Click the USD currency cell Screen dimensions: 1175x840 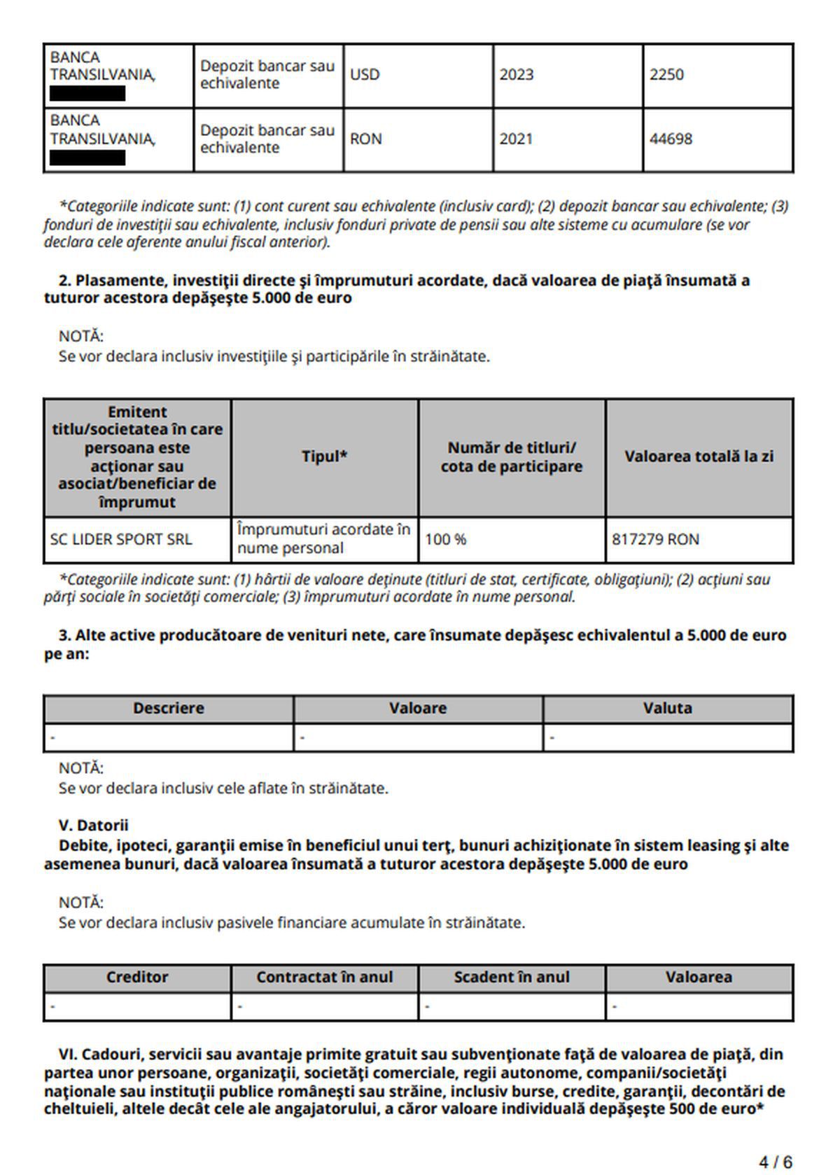tap(365, 75)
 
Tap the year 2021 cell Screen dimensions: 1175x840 tap(516, 139)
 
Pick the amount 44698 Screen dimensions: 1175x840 tap(670, 139)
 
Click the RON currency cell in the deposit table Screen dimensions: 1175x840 tap(366, 139)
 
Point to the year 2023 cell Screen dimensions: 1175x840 tap(516, 75)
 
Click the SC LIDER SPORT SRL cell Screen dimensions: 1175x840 tap(120, 540)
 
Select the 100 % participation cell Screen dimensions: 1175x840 tap(445, 540)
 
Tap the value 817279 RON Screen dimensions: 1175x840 tap(655, 540)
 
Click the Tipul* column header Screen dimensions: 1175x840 tap(325, 457)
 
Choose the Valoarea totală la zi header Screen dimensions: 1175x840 tap(699, 457)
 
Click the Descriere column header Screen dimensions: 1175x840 tap(169, 709)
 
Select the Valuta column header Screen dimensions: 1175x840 tap(668, 709)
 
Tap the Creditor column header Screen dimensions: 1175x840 tap(137, 978)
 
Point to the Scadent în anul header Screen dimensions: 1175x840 tap(512, 978)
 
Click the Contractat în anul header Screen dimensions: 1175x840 tap(325, 978)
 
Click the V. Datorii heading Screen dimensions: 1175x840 tap(94, 826)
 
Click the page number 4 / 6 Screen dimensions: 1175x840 tap(776, 1162)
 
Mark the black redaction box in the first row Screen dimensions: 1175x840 tap(87, 94)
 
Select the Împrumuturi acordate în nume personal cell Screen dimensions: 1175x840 tap(323, 539)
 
